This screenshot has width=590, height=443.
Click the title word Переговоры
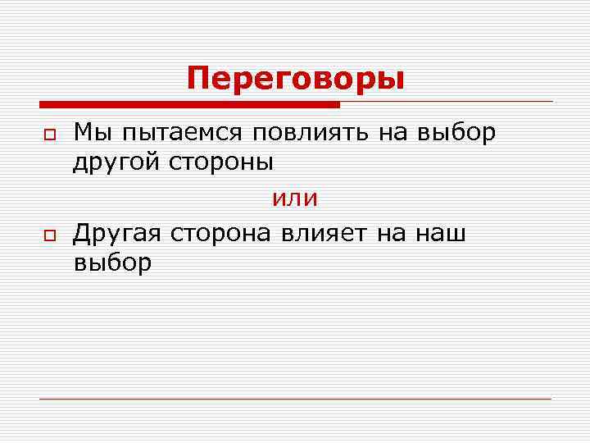point(295,80)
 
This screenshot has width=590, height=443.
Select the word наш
point(441,234)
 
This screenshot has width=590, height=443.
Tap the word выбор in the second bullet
point(112,263)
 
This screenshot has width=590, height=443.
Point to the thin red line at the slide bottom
point(295,399)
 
